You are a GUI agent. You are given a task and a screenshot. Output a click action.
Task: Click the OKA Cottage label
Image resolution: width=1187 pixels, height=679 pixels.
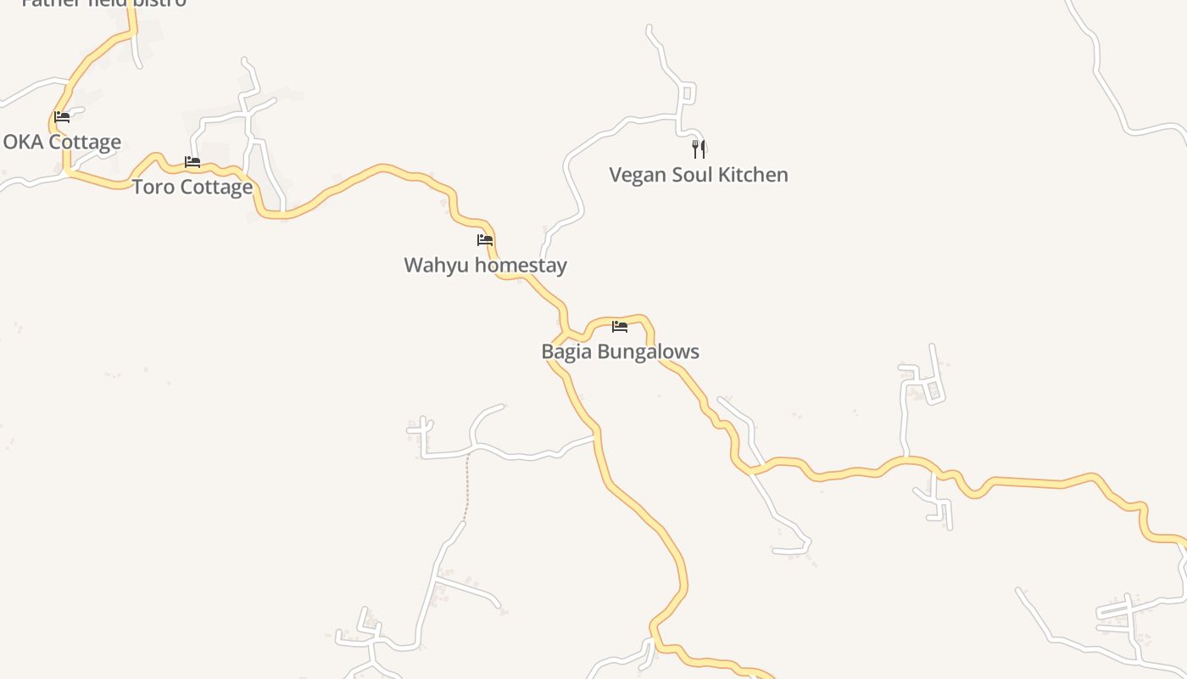[62, 142]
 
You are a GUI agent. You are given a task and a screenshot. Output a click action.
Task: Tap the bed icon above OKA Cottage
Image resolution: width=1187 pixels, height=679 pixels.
[62, 117]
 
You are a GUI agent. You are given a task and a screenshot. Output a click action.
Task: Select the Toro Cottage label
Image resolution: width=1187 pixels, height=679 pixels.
[192, 187]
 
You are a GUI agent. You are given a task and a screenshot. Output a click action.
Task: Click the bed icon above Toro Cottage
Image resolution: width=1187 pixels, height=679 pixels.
[192, 162]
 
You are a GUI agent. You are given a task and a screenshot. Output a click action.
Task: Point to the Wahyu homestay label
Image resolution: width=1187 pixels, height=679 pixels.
[485, 265]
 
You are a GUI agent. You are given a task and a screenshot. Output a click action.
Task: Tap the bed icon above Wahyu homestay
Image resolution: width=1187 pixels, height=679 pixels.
[485, 240]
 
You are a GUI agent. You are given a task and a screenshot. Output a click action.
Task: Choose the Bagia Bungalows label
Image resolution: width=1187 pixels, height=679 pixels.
[620, 351]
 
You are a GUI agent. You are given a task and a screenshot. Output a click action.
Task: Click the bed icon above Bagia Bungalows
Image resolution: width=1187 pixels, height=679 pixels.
[620, 327]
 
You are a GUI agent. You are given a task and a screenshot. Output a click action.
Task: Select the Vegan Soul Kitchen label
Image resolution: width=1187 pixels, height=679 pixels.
[699, 175]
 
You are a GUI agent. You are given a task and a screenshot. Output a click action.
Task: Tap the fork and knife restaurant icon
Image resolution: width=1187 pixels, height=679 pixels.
[699, 149]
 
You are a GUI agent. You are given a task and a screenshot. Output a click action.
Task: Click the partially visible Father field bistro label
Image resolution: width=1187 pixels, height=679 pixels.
[103, 3]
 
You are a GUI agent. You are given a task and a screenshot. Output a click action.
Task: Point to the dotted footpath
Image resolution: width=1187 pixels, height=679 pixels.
[466, 488]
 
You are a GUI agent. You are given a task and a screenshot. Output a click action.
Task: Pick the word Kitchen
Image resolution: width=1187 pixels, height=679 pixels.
[754, 175]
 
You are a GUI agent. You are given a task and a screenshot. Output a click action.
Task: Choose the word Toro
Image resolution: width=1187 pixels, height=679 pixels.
[152, 187]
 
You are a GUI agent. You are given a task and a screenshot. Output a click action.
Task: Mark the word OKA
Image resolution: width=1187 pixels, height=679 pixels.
[23, 142]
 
